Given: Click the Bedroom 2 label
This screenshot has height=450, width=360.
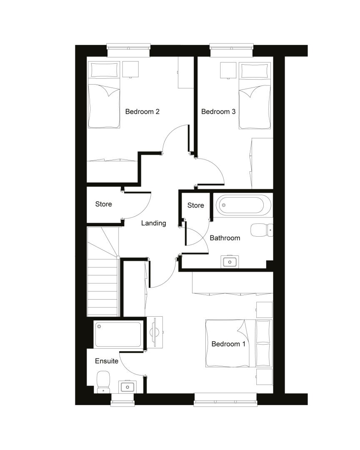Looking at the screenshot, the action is click(142, 111).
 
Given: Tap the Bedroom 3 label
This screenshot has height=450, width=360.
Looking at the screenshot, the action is click(218, 111).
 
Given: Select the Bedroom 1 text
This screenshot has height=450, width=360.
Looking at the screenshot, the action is click(228, 344).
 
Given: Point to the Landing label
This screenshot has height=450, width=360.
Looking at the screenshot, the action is click(154, 223).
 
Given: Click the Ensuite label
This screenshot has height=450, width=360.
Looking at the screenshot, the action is click(107, 361).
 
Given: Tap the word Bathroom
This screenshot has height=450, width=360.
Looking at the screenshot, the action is click(225, 238).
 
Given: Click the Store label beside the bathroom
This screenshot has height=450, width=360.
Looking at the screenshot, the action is click(195, 205).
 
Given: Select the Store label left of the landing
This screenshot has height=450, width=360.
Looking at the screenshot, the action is click(103, 204).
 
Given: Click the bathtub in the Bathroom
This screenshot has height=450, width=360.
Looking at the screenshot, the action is click(243, 205).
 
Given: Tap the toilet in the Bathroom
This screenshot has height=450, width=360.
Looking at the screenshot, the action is click(262, 230).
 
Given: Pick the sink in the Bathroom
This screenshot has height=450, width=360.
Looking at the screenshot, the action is click(230, 262).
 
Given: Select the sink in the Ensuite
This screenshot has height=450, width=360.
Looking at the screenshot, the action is click(127, 387).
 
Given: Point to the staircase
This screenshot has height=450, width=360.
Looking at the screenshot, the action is click(103, 272).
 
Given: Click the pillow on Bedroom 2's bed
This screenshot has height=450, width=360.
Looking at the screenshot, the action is click(104, 70).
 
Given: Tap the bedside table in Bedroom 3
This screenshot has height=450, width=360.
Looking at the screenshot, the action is click(228, 70).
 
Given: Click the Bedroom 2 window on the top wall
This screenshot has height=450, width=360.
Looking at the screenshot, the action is click(129, 50).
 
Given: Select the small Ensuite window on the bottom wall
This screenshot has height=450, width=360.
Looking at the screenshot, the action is click(122, 400).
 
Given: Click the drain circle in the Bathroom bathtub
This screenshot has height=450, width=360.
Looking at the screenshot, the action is click(224, 205).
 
